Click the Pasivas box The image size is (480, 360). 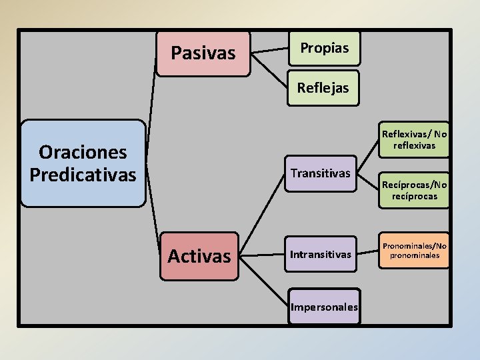203,53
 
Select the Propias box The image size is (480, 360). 324,48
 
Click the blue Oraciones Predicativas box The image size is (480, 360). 83,163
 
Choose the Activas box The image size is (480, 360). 199,256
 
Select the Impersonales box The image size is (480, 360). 324,307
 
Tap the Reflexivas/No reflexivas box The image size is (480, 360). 414,139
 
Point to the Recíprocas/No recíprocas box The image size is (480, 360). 414,191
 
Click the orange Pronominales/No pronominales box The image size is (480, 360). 414,250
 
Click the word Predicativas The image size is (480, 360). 83,175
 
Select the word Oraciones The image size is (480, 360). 83,152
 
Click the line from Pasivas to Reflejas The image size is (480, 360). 269,69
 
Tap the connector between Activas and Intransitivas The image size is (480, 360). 263,255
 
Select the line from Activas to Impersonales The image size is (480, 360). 263,280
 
